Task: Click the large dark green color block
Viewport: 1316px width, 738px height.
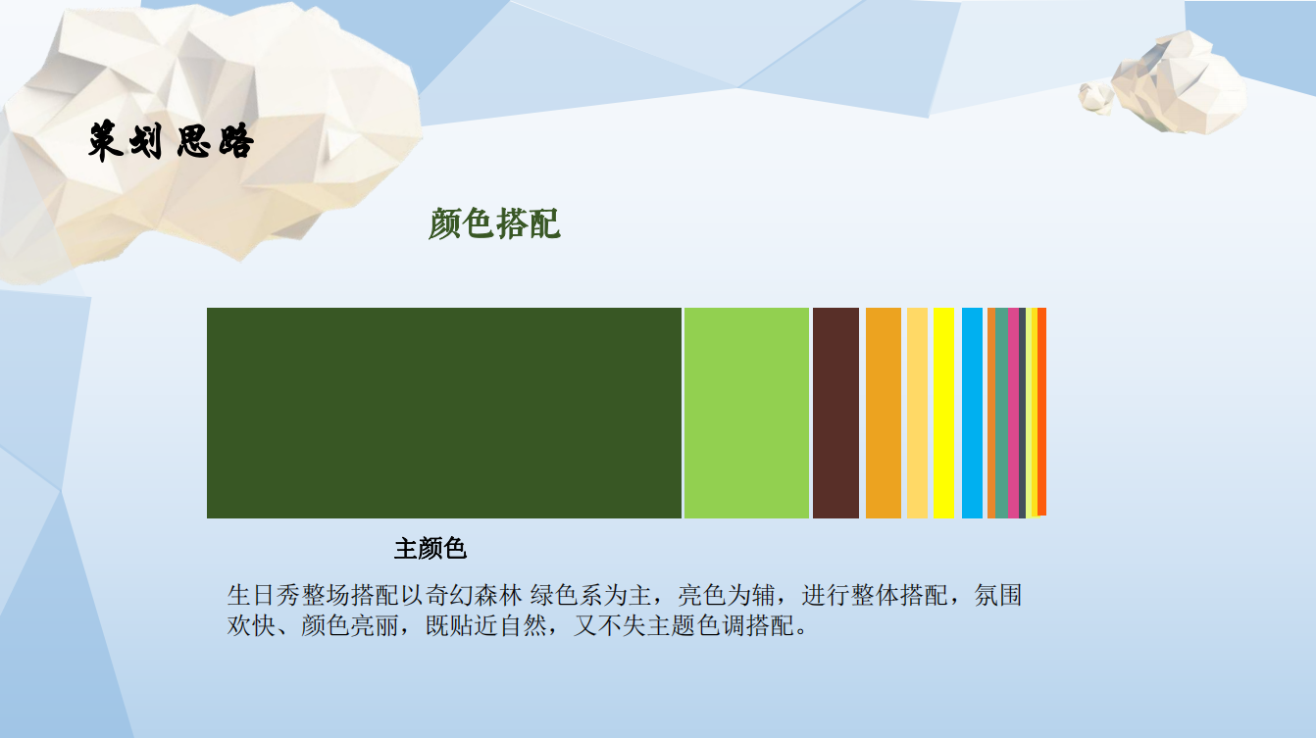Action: pyautogui.click(x=443, y=413)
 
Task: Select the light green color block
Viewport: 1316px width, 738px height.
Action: pyautogui.click(x=746, y=413)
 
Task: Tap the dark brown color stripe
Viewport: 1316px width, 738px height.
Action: pyautogui.click(x=835, y=413)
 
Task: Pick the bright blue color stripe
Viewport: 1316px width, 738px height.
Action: pyautogui.click(x=972, y=413)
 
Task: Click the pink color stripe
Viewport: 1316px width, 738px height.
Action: pyautogui.click(x=1013, y=413)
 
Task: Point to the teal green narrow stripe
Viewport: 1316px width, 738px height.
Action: pyautogui.click(x=1001, y=413)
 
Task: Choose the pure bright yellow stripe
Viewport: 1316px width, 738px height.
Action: pyautogui.click(x=943, y=413)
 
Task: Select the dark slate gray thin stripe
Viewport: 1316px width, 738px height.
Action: pyautogui.click(x=1022, y=413)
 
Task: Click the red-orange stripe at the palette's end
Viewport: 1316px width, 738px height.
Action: pyautogui.click(x=1042, y=412)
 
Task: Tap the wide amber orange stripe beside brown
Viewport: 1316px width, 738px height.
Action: pyautogui.click(x=883, y=413)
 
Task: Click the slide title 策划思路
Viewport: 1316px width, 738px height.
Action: pyautogui.click(x=171, y=141)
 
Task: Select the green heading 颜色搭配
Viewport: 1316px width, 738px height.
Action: pyautogui.click(x=494, y=223)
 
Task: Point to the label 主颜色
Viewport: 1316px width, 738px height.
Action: pyautogui.click(x=430, y=549)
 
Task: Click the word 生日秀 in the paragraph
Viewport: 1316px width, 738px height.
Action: pyautogui.click(x=264, y=595)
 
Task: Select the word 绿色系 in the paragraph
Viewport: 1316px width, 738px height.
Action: pyautogui.click(x=567, y=595)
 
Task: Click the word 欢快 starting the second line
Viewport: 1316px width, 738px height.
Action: pyautogui.click(x=251, y=626)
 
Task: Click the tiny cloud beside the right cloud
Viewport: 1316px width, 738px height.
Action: pyautogui.click(x=1096, y=97)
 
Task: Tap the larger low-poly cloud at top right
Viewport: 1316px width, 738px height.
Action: pyautogui.click(x=1178, y=82)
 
